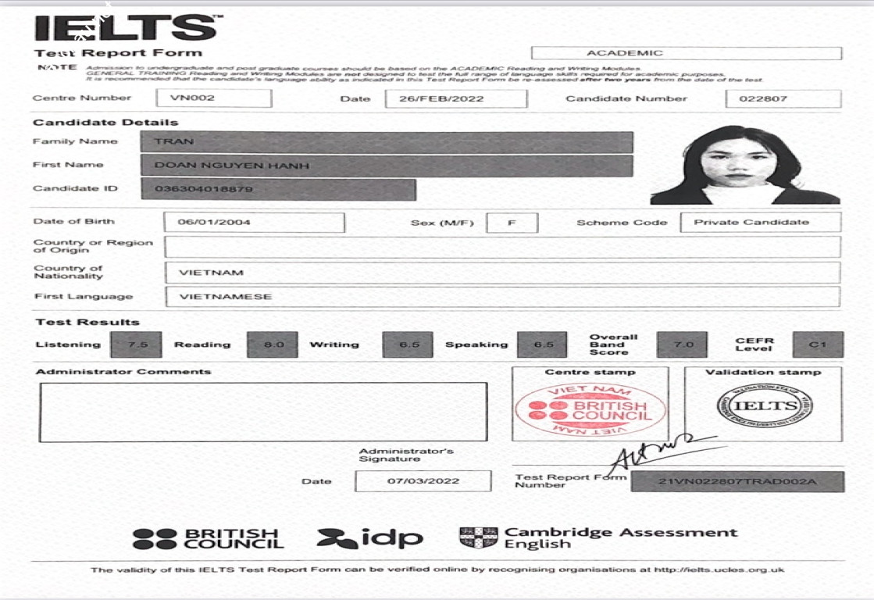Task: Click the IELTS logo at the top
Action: click(125, 28)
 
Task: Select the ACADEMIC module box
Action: click(686, 53)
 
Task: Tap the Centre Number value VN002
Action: click(214, 98)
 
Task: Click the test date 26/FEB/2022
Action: click(456, 98)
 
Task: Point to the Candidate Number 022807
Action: click(783, 98)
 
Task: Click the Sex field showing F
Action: click(512, 223)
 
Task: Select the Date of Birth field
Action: click(254, 223)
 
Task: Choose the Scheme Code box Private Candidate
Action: click(761, 223)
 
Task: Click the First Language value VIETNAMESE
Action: click(502, 297)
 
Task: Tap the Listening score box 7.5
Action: click(136, 345)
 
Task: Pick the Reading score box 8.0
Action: click(273, 345)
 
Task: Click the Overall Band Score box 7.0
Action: click(682, 345)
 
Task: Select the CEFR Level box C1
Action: click(818, 345)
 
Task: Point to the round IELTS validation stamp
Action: click(764, 406)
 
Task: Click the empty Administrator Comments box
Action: click(262, 412)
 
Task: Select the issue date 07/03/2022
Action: click(423, 481)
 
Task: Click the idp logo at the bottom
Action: click(369, 538)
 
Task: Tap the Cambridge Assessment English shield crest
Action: click(478, 537)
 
